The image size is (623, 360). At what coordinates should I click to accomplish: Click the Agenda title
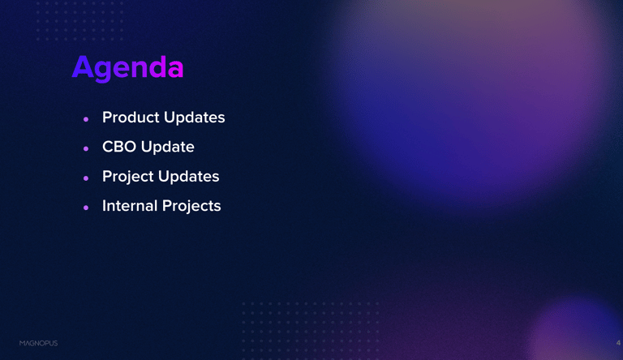coord(127,67)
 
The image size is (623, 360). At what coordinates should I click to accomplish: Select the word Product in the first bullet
coord(131,118)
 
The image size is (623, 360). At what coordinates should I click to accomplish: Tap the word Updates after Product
coord(195,118)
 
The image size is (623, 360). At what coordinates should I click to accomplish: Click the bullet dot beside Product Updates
coord(86,119)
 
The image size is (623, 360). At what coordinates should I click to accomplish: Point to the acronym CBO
coord(119,147)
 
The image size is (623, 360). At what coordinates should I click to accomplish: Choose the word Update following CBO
coord(168,147)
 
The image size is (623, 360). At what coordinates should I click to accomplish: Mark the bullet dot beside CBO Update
coord(86,148)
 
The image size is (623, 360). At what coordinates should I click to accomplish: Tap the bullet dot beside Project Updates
coord(86,178)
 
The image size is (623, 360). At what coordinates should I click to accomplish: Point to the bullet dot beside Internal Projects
coord(86,208)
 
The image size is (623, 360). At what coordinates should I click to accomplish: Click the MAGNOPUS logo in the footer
coord(39,343)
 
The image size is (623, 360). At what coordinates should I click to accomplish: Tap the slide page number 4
coord(618,343)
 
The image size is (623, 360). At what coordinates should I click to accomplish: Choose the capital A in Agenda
coord(82,66)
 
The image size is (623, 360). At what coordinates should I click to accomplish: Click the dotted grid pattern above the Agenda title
coord(79,20)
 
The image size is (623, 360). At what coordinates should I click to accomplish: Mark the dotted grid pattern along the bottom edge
coord(311,331)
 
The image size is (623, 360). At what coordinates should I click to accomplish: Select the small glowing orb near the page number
coord(576,330)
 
